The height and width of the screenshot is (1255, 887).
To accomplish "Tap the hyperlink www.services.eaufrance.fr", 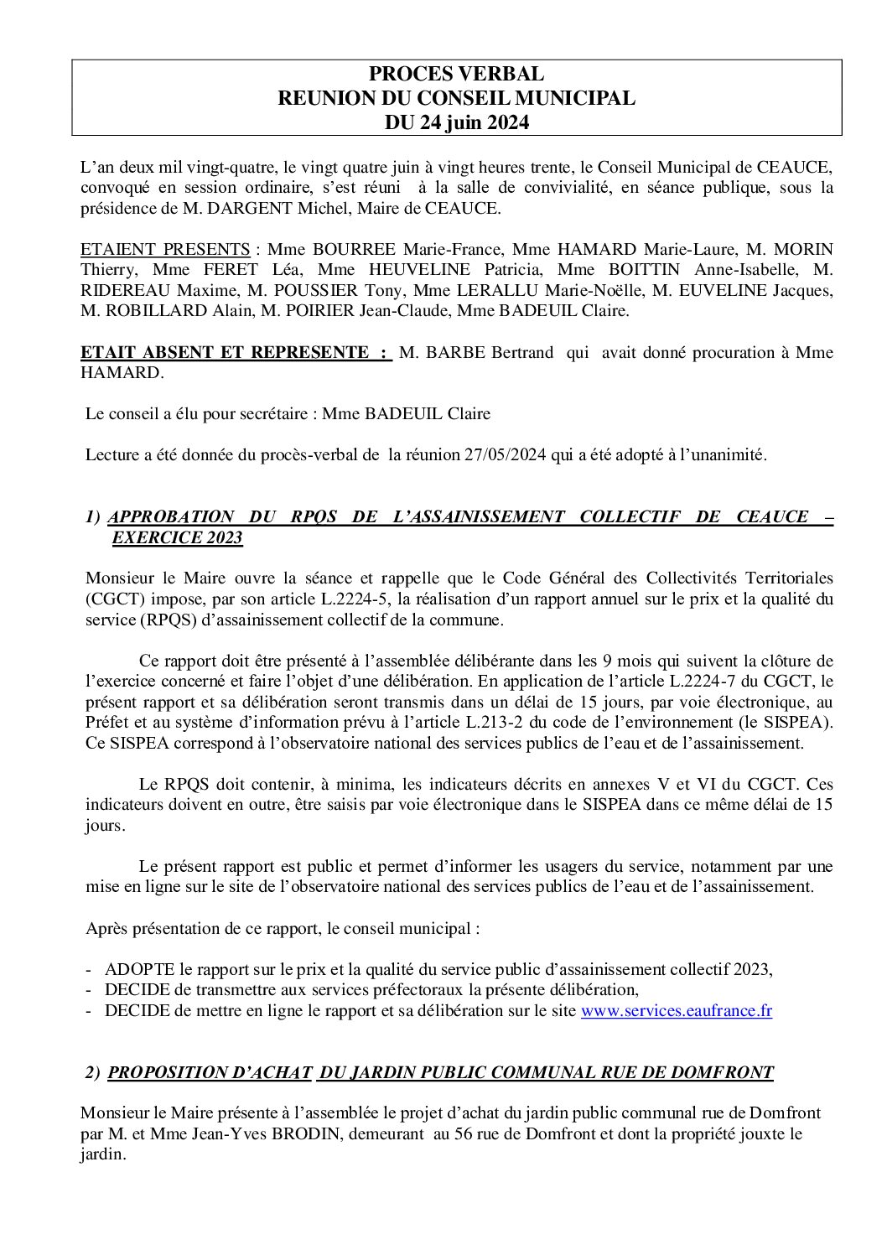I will tap(676, 1011).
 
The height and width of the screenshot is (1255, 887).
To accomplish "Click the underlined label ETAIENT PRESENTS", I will tap(165, 250).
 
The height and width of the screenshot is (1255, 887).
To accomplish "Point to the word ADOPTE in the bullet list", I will tap(135, 969).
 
